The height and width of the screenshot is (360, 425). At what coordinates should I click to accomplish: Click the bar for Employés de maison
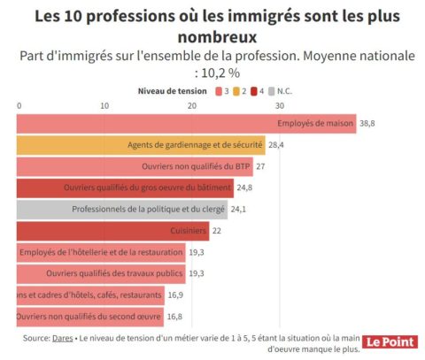pos(186,124)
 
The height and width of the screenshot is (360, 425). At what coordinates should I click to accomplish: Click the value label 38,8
pos(369,124)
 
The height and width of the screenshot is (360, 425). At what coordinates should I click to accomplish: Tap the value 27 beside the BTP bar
pos(261,166)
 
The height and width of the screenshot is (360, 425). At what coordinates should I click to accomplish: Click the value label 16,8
pos(174,317)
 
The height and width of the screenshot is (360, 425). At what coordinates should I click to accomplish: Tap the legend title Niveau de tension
pos(173,90)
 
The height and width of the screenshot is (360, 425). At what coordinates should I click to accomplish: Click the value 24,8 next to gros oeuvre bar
pos(244,188)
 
